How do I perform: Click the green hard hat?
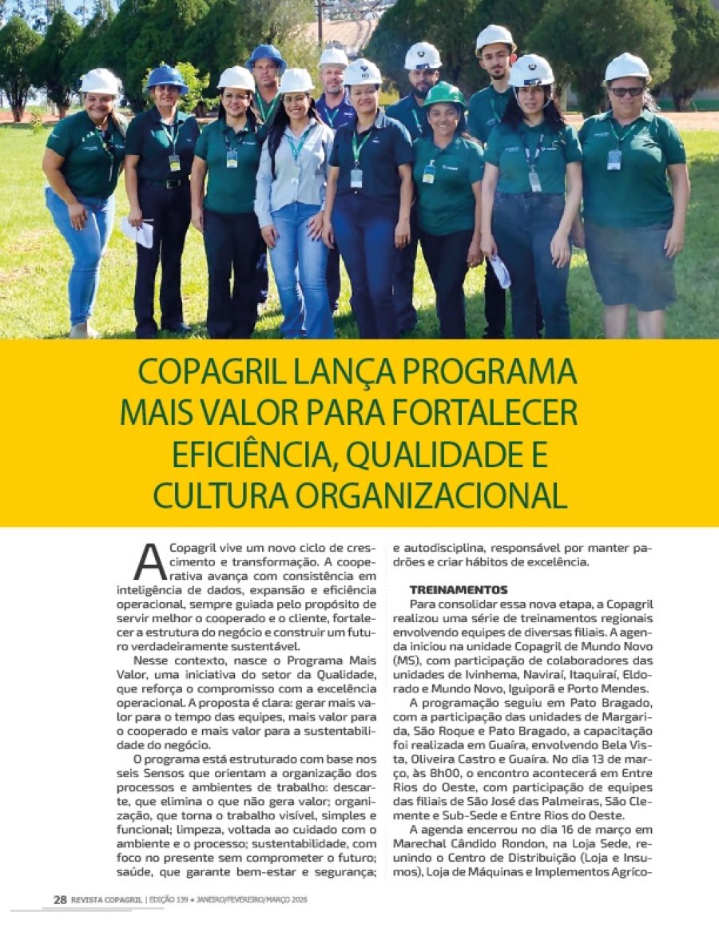click(444, 94)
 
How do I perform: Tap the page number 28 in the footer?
click(60, 899)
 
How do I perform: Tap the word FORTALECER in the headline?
click(488, 413)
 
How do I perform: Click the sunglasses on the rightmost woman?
click(627, 92)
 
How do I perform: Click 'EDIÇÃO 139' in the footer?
click(168, 900)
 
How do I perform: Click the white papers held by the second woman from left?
click(137, 232)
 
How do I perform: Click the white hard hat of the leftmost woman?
click(100, 81)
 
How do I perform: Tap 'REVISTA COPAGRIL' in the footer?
click(107, 900)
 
